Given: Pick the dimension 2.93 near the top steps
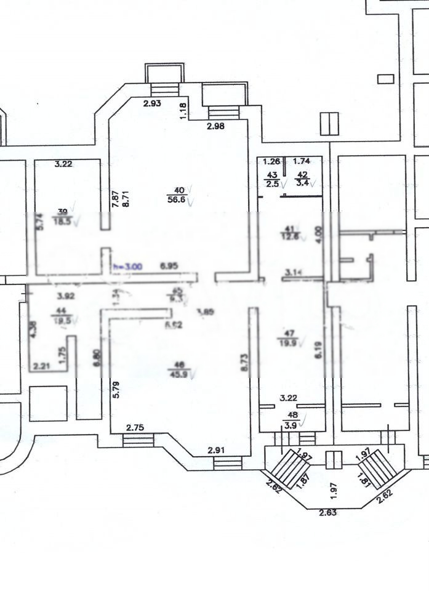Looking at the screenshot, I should point(152,103).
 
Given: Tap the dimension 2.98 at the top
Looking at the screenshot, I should point(215,127).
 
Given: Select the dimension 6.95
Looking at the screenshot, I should point(169,267).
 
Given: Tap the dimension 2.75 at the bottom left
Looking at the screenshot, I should point(135,428).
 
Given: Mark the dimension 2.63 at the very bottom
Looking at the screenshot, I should point(327,511).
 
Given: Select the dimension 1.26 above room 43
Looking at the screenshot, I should point(271,162).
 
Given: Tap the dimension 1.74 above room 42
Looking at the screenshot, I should point(302,162).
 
